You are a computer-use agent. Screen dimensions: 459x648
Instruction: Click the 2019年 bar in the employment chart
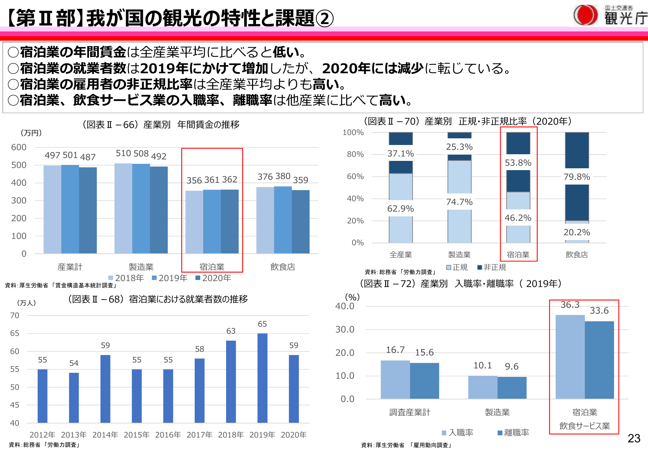click(x=262, y=377)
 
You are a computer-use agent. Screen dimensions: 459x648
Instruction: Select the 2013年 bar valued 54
click(x=74, y=398)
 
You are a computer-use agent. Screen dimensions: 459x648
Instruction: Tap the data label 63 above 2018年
click(x=231, y=331)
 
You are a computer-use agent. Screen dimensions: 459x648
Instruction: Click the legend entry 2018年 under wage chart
click(x=126, y=278)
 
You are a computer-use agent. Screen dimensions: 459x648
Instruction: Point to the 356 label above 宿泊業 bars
click(x=194, y=180)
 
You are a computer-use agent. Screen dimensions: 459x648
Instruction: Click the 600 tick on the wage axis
click(x=19, y=147)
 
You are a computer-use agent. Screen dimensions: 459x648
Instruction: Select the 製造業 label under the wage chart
click(x=141, y=267)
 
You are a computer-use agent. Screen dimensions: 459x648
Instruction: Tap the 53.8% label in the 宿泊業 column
click(x=518, y=163)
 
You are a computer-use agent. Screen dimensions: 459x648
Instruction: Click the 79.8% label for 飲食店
click(x=577, y=177)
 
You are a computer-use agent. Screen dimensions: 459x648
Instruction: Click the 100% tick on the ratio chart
click(x=353, y=132)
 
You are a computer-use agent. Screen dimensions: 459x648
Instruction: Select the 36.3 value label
click(x=570, y=305)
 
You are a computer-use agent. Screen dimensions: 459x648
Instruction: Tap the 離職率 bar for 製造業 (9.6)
click(x=512, y=388)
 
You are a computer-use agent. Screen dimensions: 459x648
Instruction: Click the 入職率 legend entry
click(x=458, y=433)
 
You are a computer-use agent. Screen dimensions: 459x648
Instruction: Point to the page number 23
click(x=634, y=439)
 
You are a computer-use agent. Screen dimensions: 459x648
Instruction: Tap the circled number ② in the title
click(x=325, y=19)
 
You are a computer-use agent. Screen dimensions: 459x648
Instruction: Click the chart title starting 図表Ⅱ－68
click(x=158, y=299)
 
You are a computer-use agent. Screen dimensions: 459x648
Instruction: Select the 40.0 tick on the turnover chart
click(x=345, y=306)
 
